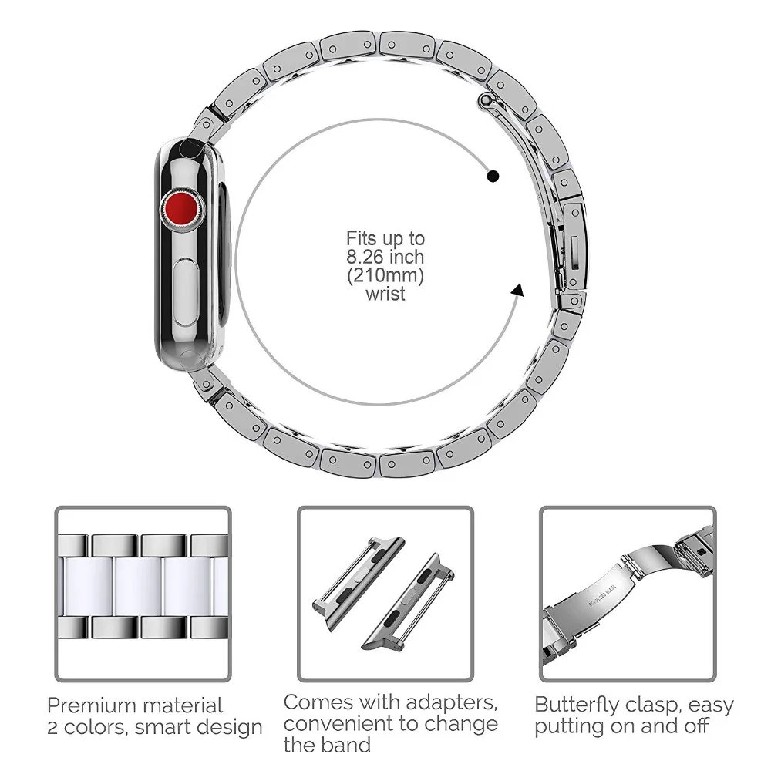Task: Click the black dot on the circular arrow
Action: [x=493, y=177]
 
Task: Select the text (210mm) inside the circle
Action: [x=385, y=275]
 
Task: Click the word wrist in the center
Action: [x=385, y=294]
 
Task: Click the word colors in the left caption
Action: [x=97, y=727]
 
